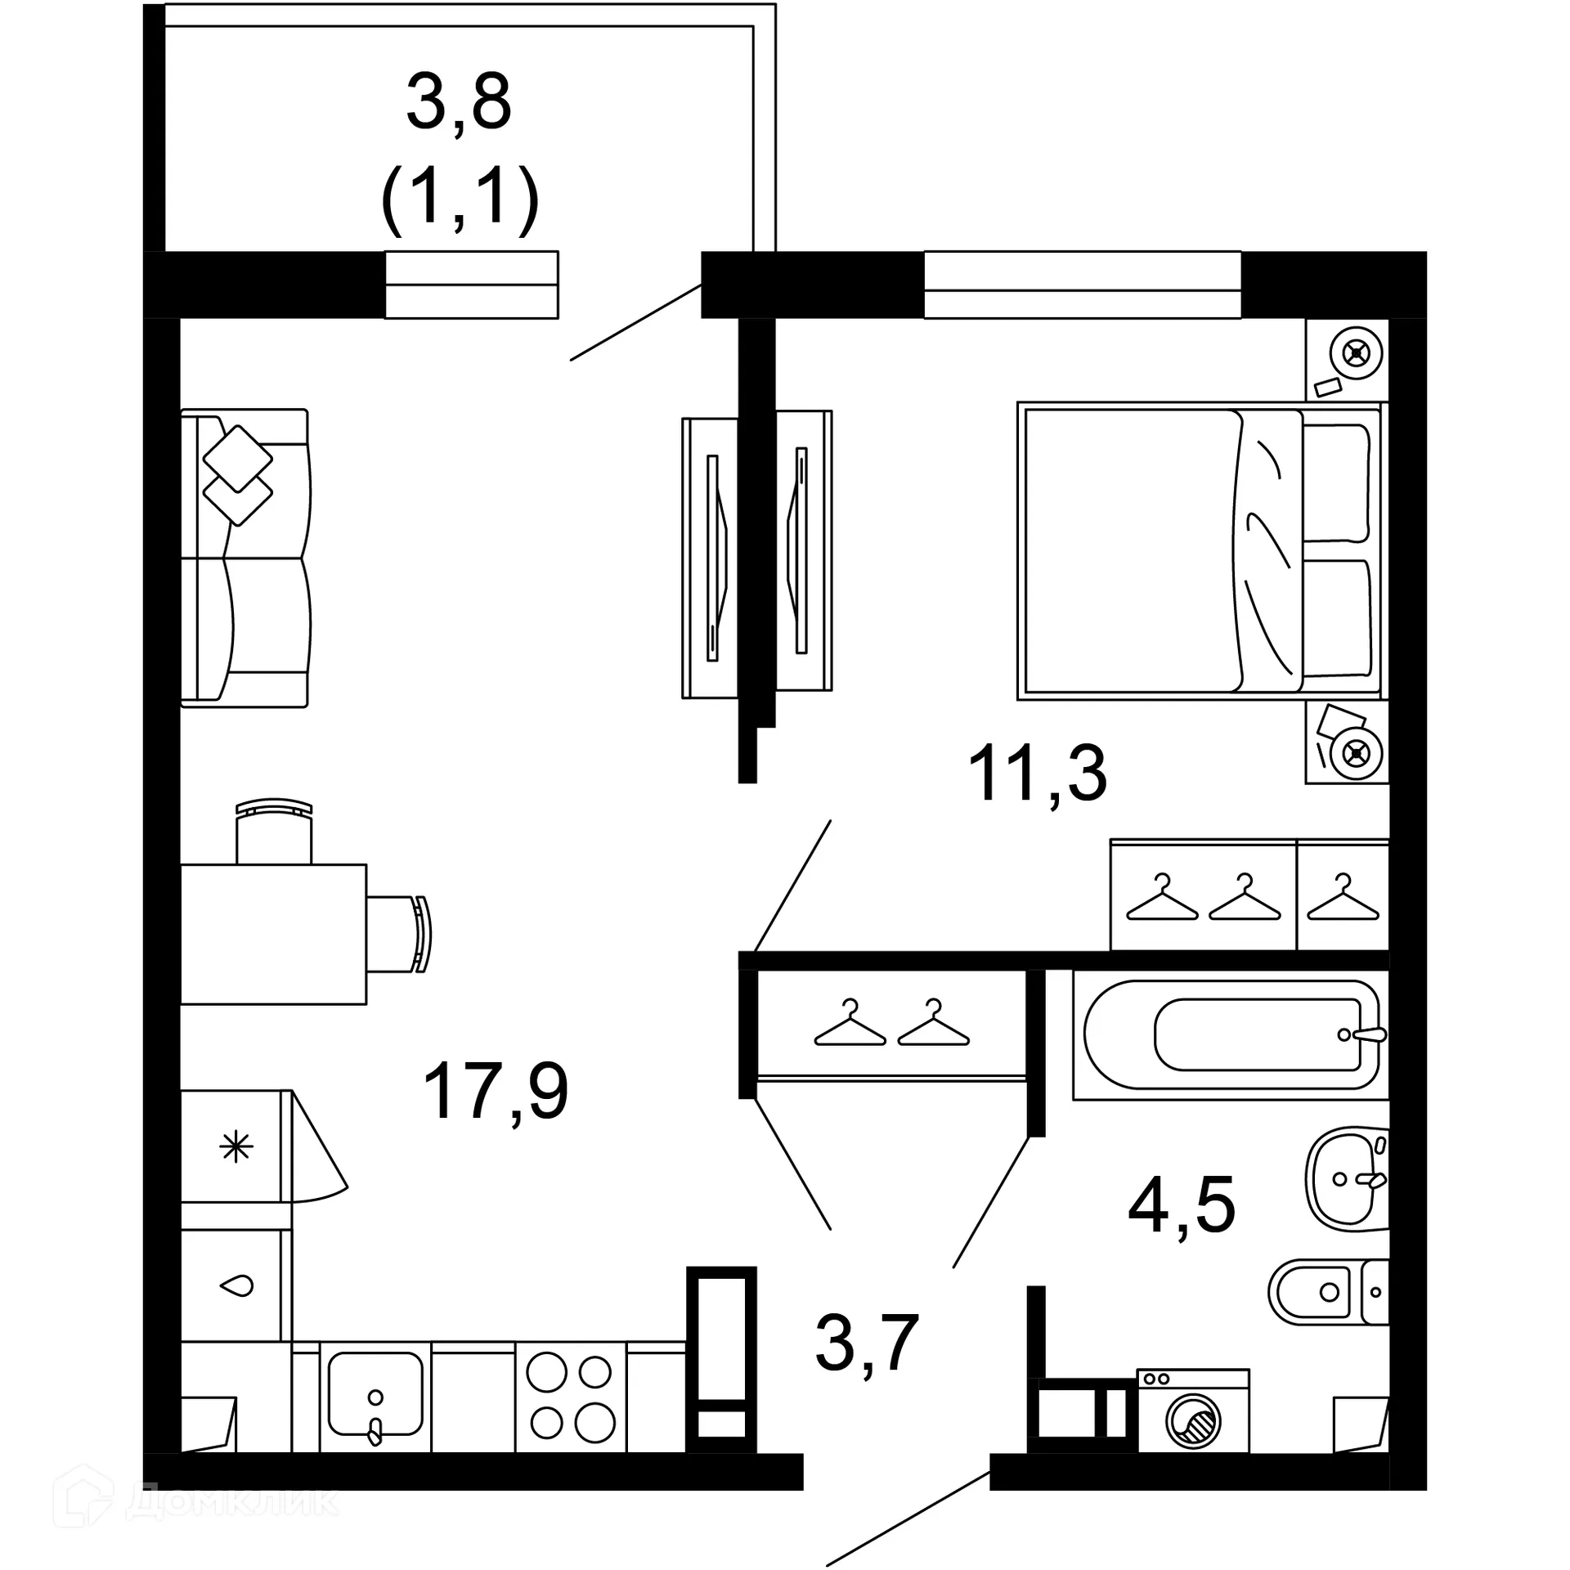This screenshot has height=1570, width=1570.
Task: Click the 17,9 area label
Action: click(496, 1092)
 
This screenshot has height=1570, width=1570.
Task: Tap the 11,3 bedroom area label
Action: click(1037, 774)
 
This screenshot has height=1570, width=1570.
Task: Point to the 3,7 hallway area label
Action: click(868, 1343)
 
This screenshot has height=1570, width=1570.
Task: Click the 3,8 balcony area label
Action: click(459, 103)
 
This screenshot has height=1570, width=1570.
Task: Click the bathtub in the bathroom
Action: click(1231, 1034)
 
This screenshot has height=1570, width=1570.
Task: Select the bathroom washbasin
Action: click(1345, 1178)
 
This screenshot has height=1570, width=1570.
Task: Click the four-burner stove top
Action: click(570, 1397)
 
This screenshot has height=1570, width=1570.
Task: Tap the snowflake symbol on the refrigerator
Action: click(236, 1146)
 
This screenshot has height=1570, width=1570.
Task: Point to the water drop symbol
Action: click(237, 1286)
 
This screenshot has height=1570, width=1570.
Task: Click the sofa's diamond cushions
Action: click(237, 475)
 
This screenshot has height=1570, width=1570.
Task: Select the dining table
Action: click(273, 934)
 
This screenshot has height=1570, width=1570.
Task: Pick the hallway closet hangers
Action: click(891, 1024)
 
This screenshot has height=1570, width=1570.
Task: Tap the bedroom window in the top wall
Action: click(1082, 285)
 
